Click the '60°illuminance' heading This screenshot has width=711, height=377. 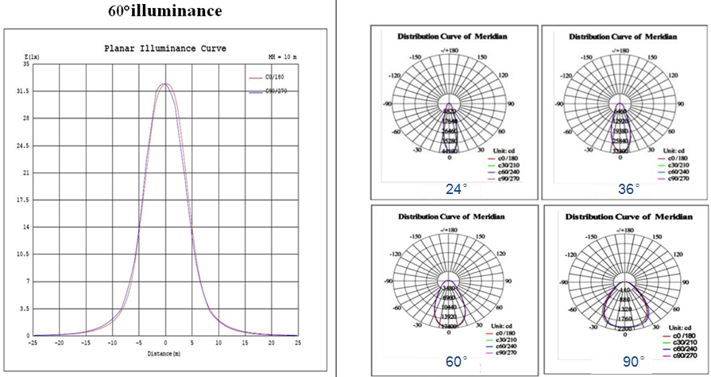pos(165,11)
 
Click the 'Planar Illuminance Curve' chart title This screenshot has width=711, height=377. pos(165,49)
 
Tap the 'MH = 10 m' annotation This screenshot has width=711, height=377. pos(281,57)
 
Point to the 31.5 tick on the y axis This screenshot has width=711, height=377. pos(23,91)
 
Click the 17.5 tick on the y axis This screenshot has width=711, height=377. pos(23,200)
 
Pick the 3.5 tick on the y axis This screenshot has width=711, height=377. pos(25,308)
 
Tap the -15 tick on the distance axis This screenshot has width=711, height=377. pos(86,343)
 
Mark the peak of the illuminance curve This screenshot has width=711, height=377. pos(165,84)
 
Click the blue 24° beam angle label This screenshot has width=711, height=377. pos(456,189)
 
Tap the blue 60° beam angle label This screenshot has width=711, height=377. pos(456,362)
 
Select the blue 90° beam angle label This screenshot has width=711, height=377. pos(633,362)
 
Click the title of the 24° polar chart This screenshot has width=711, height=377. pos(452,37)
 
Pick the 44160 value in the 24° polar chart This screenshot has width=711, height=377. pos(450,151)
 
